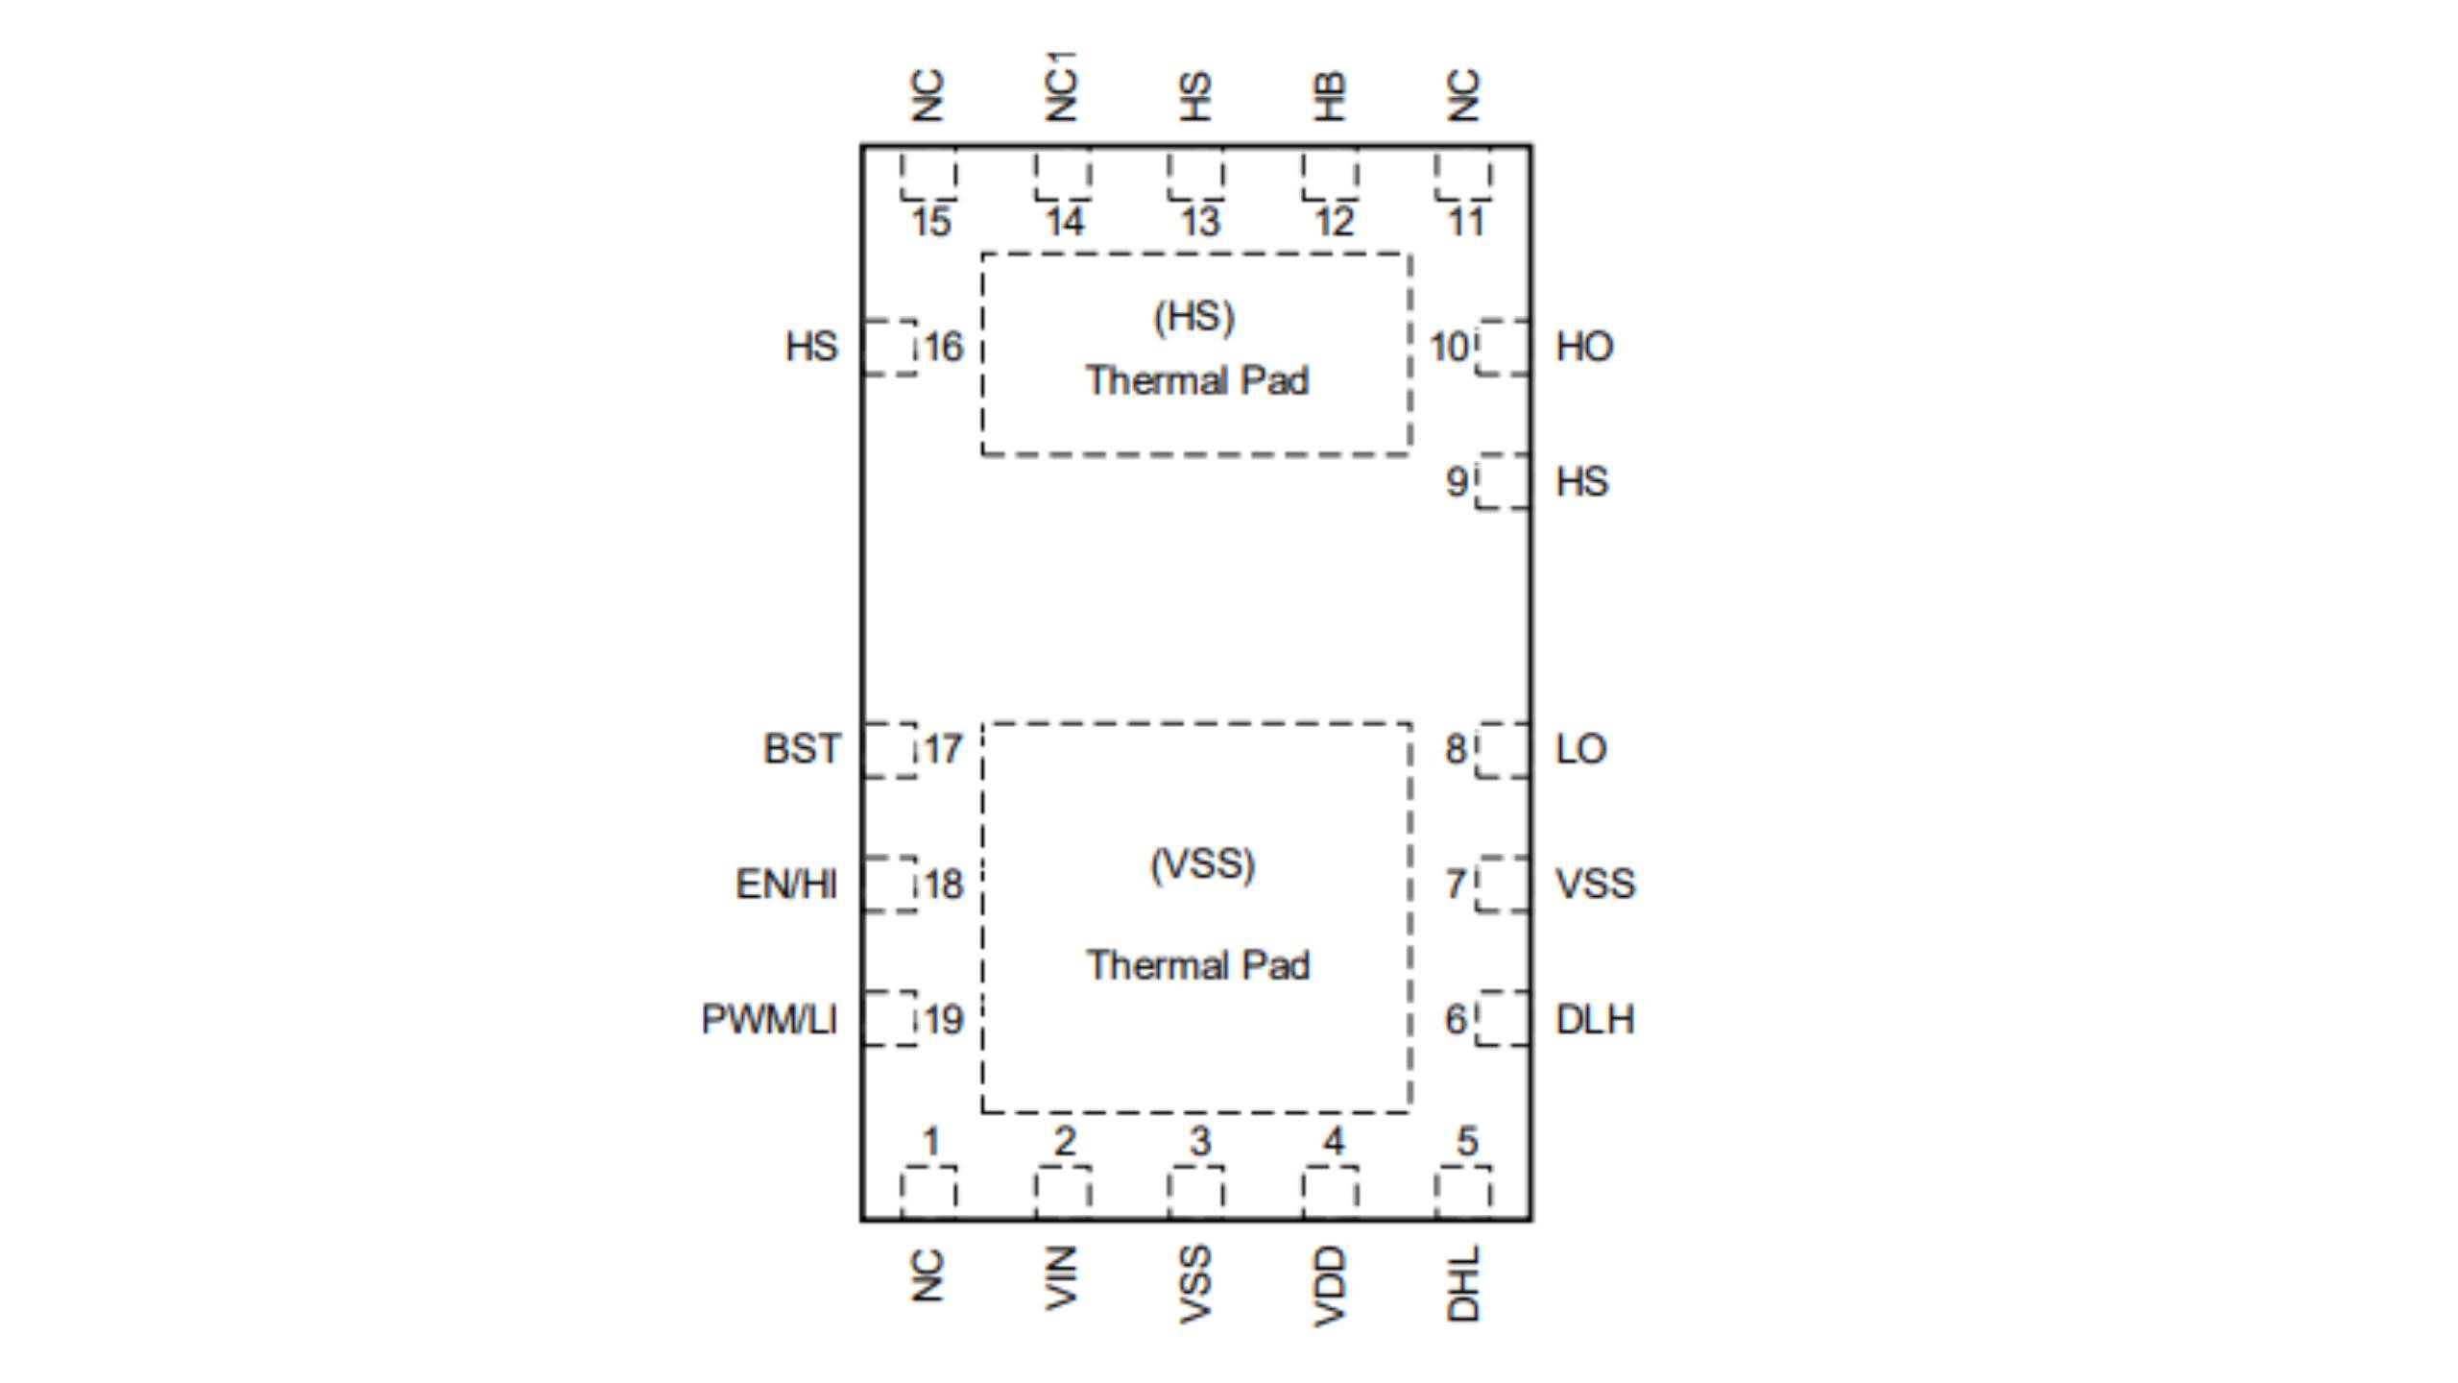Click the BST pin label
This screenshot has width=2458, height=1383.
801,749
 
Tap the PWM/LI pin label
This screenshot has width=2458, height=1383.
769,1019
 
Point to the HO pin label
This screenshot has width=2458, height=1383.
1584,347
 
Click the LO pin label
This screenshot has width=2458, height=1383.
1580,749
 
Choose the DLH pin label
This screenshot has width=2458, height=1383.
1595,1019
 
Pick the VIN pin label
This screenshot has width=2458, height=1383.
1061,1277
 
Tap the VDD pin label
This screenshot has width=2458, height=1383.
1330,1285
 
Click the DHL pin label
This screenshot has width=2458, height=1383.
1463,1283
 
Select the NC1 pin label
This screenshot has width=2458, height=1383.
1061,86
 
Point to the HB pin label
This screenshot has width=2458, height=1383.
1330,96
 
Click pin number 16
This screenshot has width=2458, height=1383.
943,347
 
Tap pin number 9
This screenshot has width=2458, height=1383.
1457,481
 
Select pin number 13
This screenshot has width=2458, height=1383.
1199,223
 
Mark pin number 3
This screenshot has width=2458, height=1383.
1199,1142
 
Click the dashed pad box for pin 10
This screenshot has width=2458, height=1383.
1504,348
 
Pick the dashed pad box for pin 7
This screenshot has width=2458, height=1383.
1504,884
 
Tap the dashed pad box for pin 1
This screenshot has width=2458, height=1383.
928,1193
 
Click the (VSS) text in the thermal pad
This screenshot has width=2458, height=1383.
1202,864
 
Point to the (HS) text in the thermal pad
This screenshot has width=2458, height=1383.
1193,317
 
